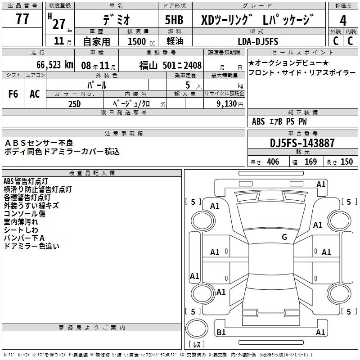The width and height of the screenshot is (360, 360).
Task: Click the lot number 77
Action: (22, 19)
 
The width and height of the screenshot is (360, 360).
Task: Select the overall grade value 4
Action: (343, 20)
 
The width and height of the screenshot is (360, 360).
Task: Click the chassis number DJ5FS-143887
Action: (302, 143)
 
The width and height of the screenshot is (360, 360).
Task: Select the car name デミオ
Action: (116, 20)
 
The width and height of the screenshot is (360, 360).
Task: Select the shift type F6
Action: (13, 94)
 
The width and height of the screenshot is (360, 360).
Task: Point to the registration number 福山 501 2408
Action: (170, 64)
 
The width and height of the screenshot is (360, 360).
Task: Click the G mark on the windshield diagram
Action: (284, 237)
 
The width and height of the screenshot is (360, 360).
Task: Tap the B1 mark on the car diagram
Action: (221, 333)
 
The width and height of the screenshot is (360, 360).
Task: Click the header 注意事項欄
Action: (123, 133)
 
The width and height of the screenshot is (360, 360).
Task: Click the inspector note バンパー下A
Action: (24, 238)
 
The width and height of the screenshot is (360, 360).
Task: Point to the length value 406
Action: (273, 162)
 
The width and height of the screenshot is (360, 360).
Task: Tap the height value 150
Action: (346, 162)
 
